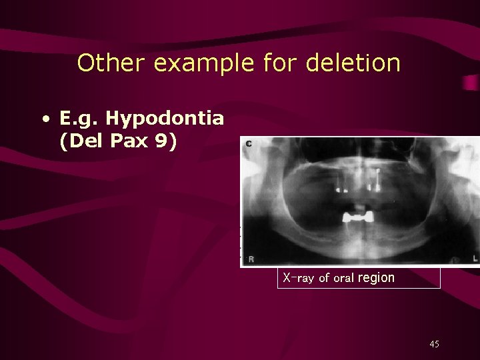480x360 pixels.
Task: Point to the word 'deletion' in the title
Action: (353, 63)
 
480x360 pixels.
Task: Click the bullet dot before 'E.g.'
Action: (45, 120)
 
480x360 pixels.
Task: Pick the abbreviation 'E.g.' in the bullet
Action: (79, 120)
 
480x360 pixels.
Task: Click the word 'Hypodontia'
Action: (165, 119)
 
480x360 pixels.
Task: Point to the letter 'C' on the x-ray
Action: (249, 144)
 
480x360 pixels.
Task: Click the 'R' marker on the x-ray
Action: (251, 259)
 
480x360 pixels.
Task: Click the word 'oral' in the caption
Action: (344, 278)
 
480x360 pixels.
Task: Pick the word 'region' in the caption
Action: (376, 278)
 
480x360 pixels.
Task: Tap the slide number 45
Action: (434, 344)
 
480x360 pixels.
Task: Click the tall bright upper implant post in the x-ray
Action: (377, 177)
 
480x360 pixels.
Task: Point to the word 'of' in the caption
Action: (324, 278)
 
